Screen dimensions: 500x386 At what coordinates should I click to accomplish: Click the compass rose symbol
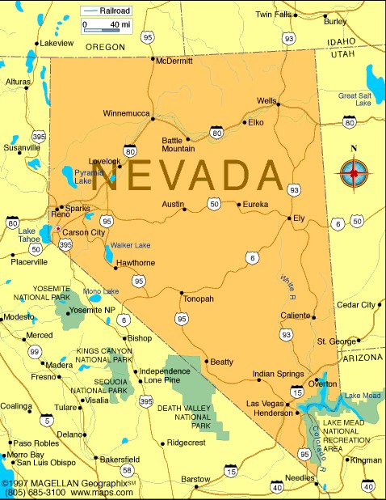[353, 172]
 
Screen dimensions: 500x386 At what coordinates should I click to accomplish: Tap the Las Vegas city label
[264, 403]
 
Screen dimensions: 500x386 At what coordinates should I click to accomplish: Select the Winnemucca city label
[127, 113]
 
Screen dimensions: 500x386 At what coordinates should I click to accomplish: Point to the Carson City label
[84, 232]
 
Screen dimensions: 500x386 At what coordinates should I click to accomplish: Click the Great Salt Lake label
[355, 100]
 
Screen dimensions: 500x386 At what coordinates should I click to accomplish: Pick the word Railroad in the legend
[114, 11]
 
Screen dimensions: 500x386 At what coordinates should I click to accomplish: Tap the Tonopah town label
[199, 299]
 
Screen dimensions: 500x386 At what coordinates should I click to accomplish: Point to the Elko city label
[256, 122]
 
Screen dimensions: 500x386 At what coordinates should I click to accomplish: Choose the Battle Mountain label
[178, 144]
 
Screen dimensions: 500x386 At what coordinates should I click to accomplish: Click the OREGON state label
[105, 47]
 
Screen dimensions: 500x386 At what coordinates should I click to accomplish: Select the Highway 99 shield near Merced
[34, 351]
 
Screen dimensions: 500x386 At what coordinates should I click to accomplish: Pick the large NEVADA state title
[187, 176]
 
